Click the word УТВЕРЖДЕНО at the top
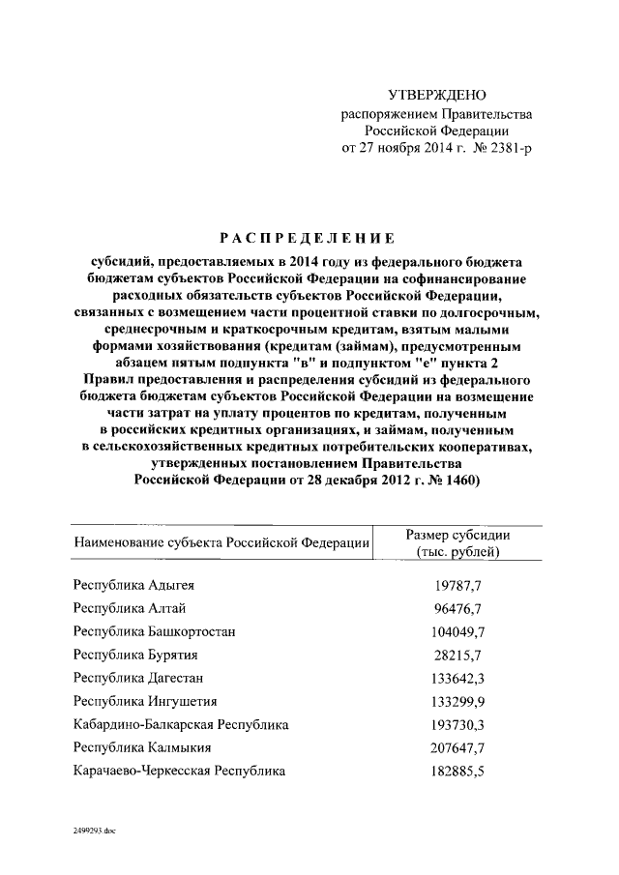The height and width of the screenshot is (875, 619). click(x=436, y=95)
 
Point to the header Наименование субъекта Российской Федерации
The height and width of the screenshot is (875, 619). click(x=222, y=543)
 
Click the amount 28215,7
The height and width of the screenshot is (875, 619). click(x=457, y=655)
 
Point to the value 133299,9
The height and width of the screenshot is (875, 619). click(x=457, y=701)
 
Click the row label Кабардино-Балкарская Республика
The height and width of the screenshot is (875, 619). click(x=181, y=724)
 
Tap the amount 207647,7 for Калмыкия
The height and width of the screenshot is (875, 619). click(x=457, y=747)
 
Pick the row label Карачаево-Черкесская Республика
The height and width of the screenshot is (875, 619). click(x=180, y=771)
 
